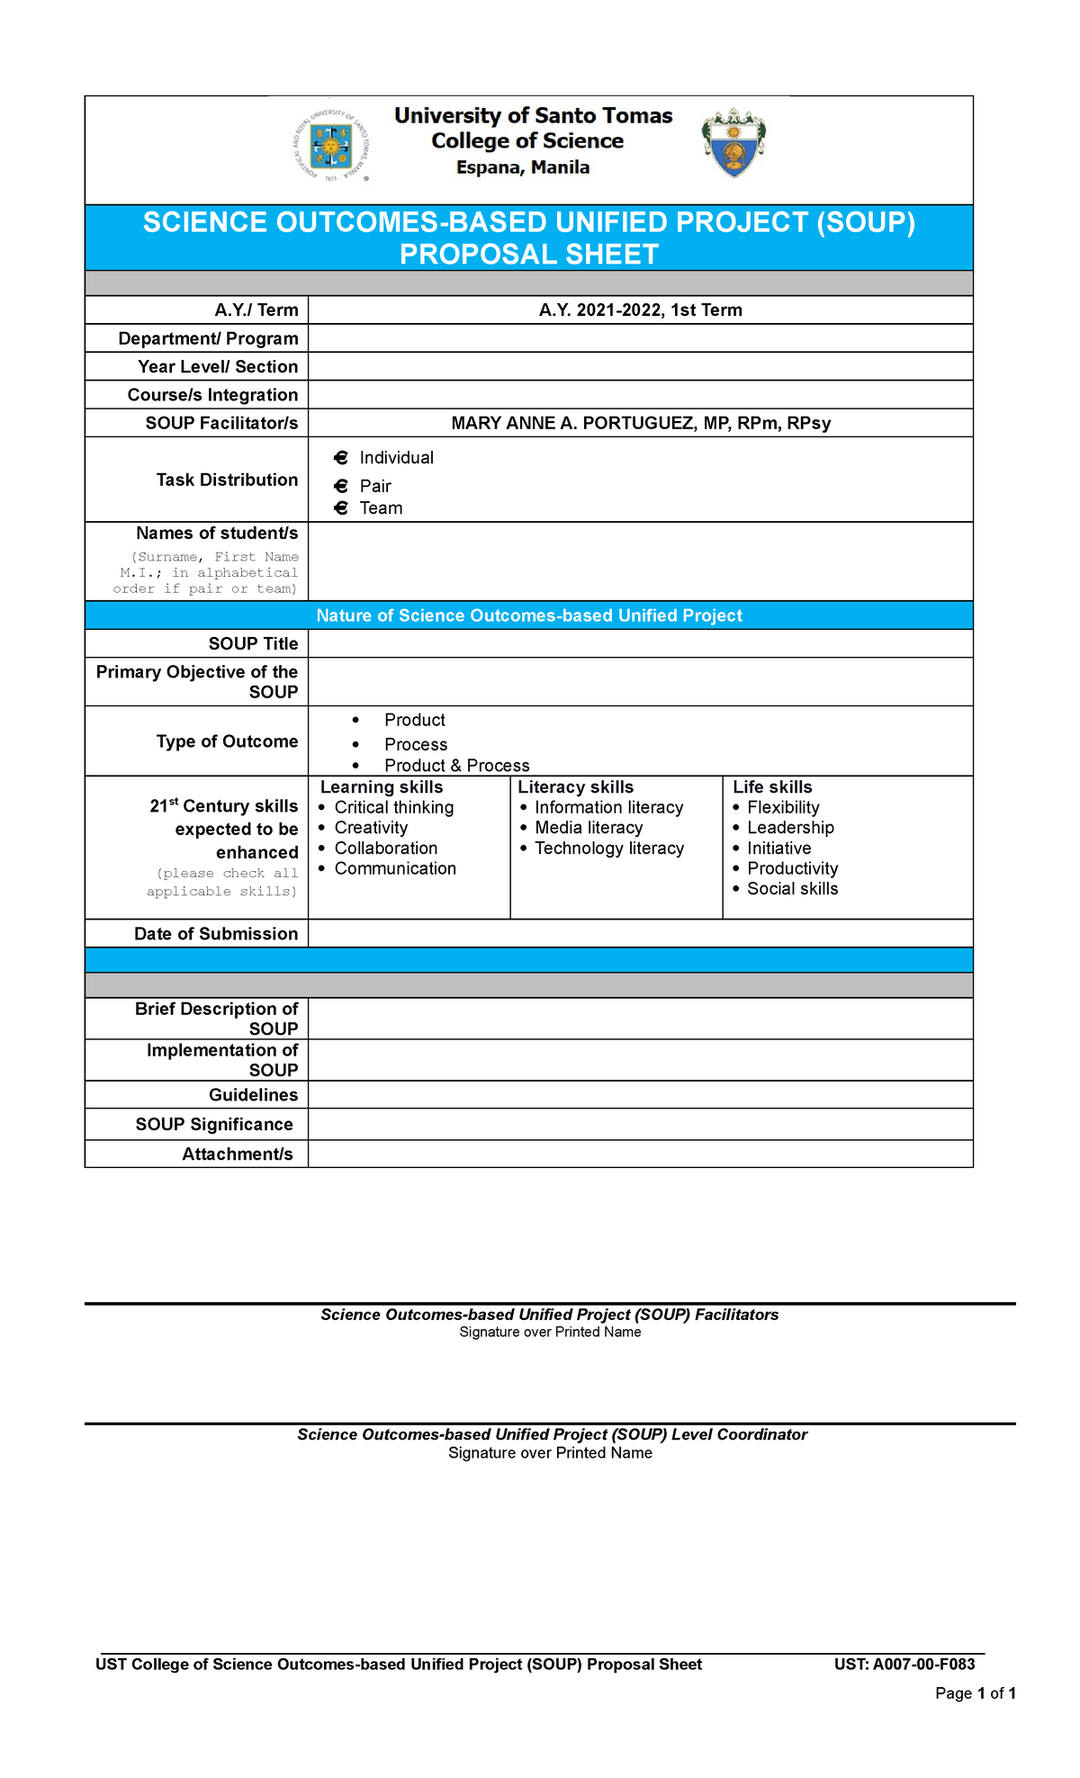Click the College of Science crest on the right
[x=733, y=143]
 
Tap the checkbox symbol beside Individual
[x=341, y=458]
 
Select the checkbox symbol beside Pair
[x=341, y=487]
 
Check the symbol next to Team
[x=341, y=508]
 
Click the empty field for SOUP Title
[x=640, y=643]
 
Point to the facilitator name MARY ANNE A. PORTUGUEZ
[x=640, y=423]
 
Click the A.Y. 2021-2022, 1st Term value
[x=640, y=310]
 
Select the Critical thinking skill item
[x=393, y=808]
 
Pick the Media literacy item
[x=589, y=828]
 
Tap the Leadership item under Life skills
[x=790, y=828]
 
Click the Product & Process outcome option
[x=456, y=766]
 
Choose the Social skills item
[x=792, y=889]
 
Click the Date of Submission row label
[x=216, y=934]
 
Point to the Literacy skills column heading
[x=575, y=787]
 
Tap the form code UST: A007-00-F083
[x=904, y=1665]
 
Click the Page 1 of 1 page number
[x=976, y=1693]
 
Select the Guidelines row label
[x=253, y=1095]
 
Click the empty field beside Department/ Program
[x=640, y=338]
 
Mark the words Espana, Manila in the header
[x=523, y=167]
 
